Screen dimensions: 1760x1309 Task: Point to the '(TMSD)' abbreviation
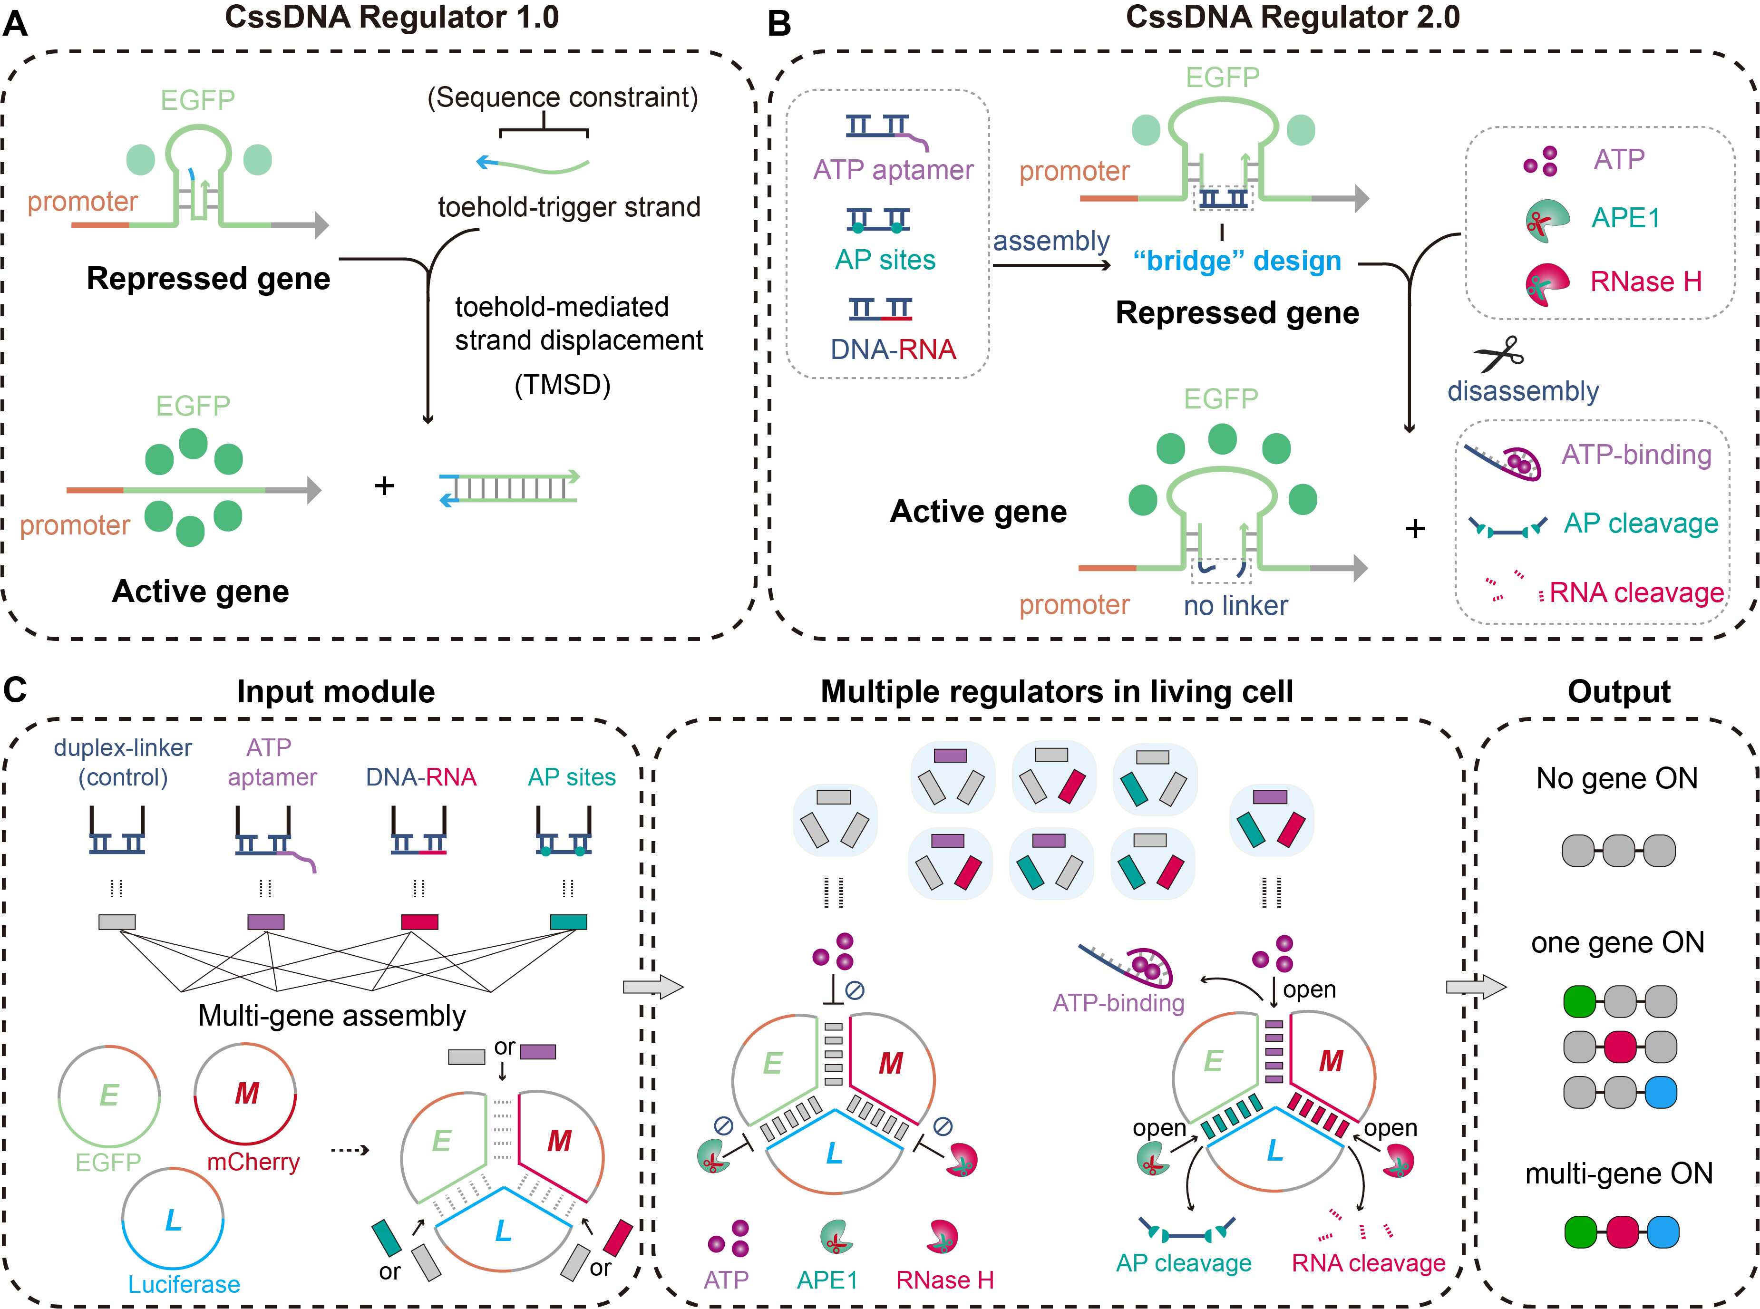click(563, 385)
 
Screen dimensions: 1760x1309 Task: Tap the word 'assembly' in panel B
click(1051, 241)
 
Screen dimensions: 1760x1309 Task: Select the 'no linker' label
click(1235, 605)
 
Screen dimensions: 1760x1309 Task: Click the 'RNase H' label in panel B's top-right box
click(1646, 281)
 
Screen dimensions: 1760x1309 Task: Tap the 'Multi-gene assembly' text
click(332, 1015)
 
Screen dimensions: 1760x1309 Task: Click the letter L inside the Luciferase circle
click(173, 1220)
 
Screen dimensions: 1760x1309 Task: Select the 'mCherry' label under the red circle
click(253, 1162)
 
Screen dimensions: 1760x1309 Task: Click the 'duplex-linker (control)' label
click(123, 762)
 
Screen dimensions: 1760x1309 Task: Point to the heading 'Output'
click(1619, 692)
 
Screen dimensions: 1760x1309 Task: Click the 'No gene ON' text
click(1616, 778)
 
